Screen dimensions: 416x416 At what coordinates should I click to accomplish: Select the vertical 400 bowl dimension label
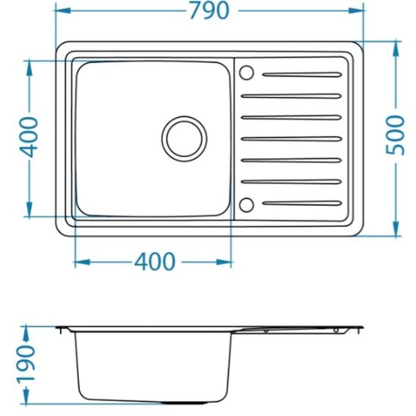click(x=29, y=137)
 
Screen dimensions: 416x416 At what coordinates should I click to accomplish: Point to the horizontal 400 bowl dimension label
click(x=154, y=262)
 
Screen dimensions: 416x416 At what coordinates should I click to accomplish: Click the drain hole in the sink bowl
click(x=184, y=137)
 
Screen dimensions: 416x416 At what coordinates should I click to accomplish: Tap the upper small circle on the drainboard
click(x=247, y=73)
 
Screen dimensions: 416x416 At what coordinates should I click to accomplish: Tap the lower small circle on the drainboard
click(x=247, y=203)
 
